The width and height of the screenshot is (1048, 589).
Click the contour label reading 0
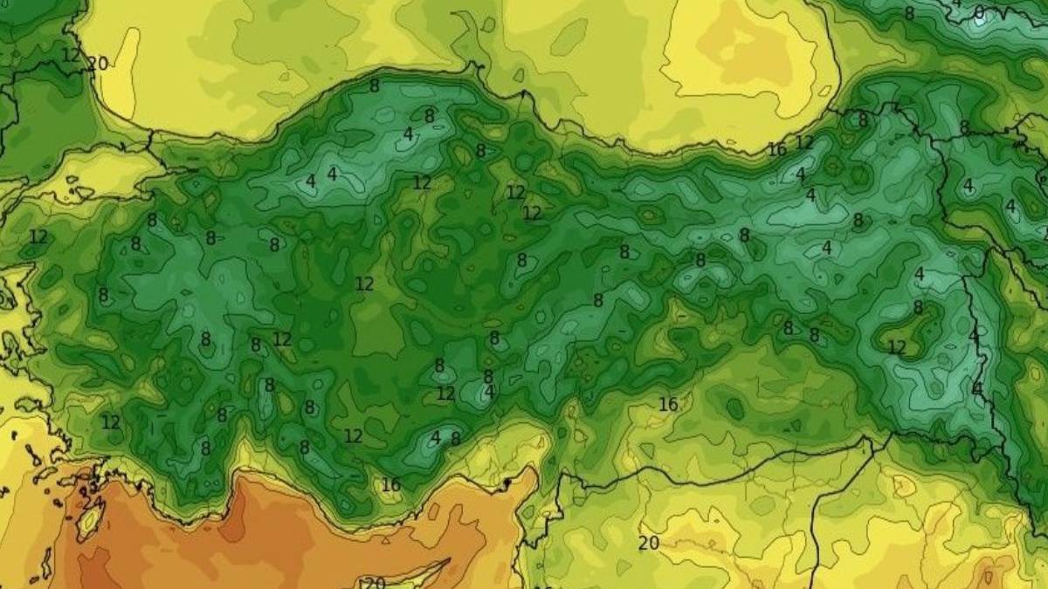(979, 11)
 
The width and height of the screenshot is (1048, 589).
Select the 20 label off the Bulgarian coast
(98, 64)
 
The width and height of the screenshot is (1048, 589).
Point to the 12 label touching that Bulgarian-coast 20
(72, 55)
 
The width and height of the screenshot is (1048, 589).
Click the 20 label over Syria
(648, 543)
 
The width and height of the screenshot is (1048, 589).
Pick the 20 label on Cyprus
(374, 583)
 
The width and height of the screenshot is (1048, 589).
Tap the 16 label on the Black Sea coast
(776, 149)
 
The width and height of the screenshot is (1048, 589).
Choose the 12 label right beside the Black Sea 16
(804, 141)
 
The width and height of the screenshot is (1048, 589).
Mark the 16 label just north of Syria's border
(668, 404)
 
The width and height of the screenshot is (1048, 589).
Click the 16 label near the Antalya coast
(390, 484)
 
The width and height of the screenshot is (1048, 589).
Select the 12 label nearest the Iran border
(897, 346)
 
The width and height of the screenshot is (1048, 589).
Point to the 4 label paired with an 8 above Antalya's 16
(435, 437)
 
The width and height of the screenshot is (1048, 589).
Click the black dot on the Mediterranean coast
(507, 483)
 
